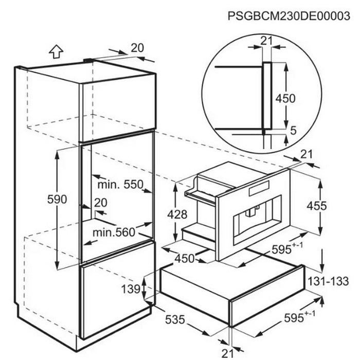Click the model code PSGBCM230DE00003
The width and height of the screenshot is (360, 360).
[x=292, y=16]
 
